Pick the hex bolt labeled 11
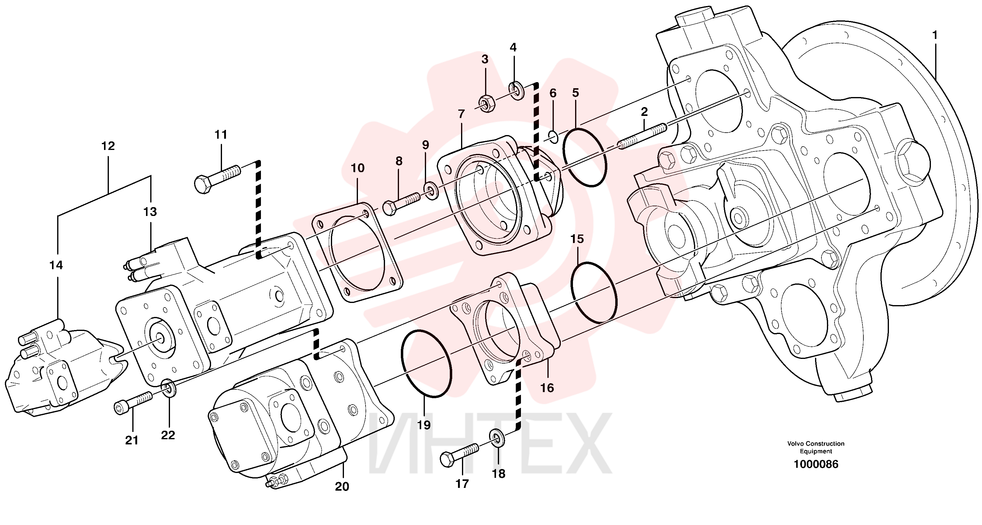[x=217, y=181]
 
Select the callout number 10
[x=358, y=168]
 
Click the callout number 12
[x=108, y=146]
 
